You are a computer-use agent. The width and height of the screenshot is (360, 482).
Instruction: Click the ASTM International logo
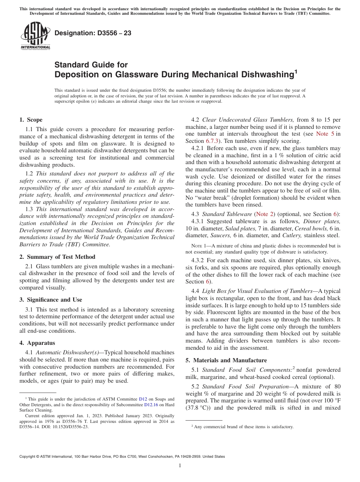[35, 36]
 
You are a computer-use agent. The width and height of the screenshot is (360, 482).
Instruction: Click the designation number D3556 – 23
[93, 33]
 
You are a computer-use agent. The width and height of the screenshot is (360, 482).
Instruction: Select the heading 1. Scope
[31, 120]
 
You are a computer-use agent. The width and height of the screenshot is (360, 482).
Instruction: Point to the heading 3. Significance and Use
[50, 300]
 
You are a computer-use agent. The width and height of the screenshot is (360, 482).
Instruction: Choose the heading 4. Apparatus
[37, 343]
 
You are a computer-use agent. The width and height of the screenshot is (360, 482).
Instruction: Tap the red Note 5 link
[325, 134]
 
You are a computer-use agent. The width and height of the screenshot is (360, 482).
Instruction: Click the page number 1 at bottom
[180, 466]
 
